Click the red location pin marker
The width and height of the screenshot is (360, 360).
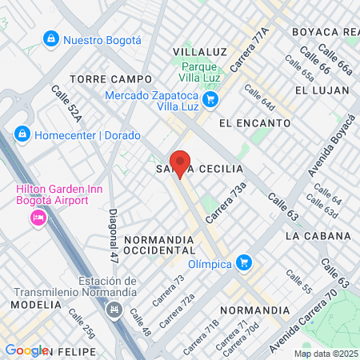click(x=181, y=163)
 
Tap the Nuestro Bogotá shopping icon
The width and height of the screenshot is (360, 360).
click(x=51, y=38)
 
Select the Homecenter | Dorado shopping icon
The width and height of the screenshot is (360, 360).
click(x=22, y=134)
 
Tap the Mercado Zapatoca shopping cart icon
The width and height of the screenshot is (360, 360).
click(x=210, y=99)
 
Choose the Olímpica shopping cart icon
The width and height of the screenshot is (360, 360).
click(x=244, y=262)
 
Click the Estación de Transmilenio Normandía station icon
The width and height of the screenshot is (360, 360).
click(x=115, y=309)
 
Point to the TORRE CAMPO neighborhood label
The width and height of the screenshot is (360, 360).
click(x=110, y=79)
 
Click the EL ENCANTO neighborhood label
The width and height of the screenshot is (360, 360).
click(x=254, y=123)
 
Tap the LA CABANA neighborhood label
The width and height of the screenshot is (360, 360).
click(x=318, y=236)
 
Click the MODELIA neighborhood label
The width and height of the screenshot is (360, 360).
click(x=31, y=305)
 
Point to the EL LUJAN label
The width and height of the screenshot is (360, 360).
click(x=322, y=90)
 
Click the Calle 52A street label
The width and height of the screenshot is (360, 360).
click(x=67, y=105)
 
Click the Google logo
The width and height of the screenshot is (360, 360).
click(x=26, y=350)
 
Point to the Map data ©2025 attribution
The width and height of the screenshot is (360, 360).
click(x=325, y=354)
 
